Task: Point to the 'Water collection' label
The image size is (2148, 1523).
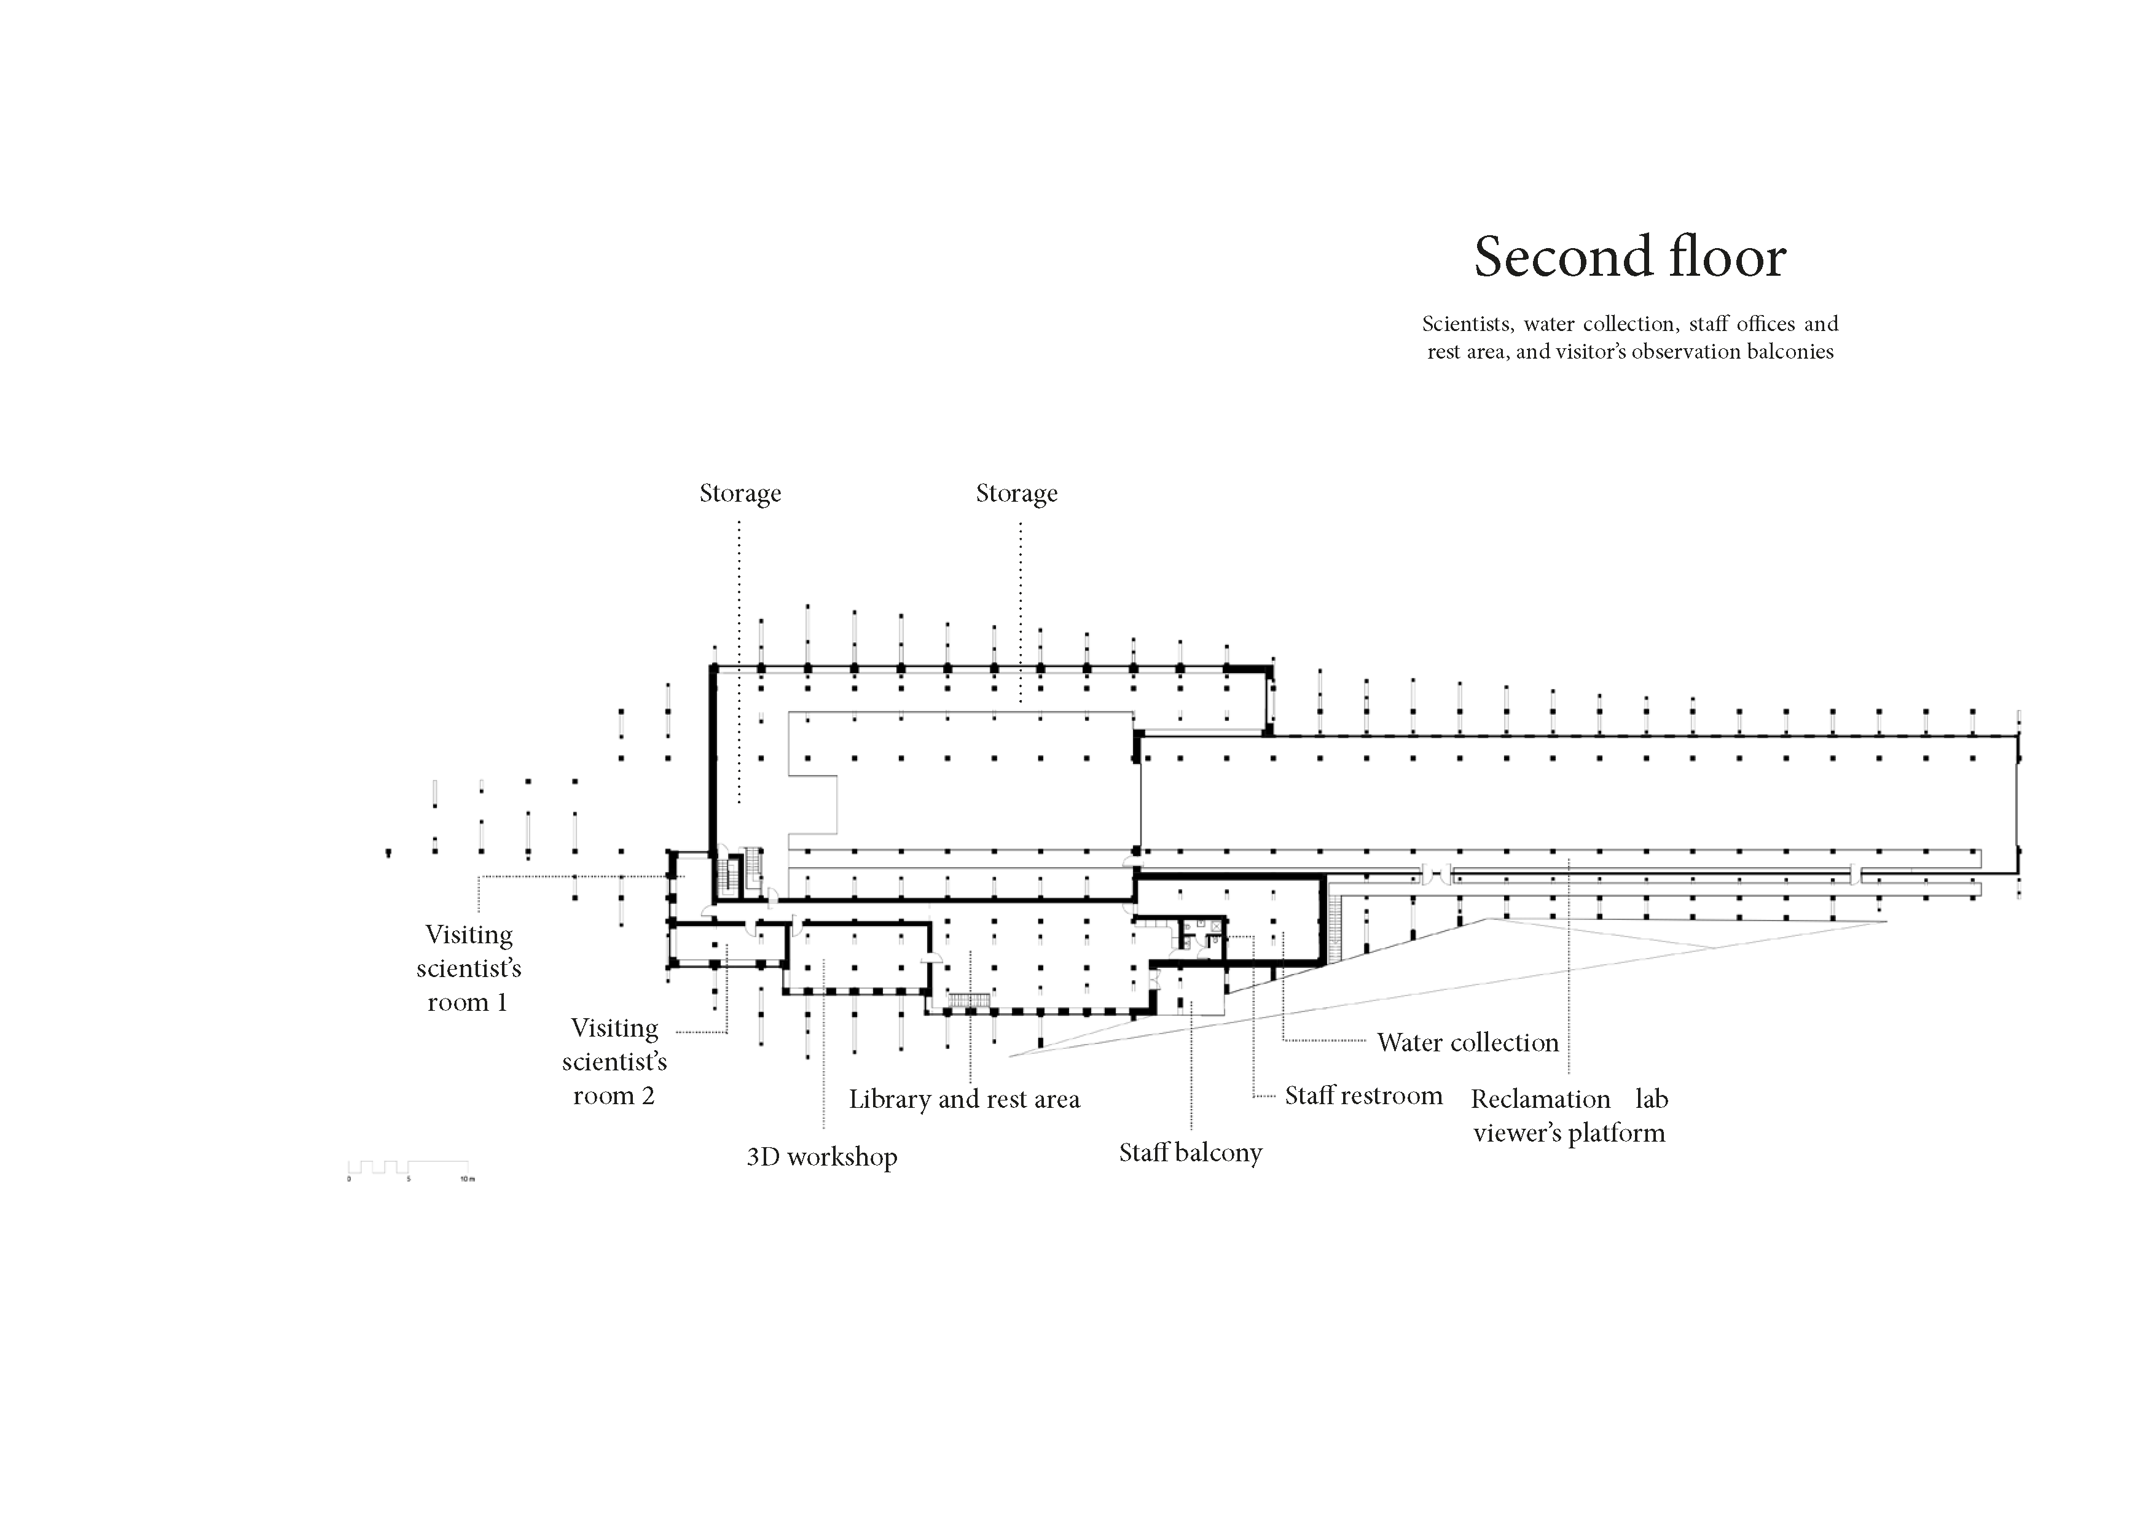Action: pos(1467,1042)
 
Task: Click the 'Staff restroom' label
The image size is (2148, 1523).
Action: pos(1363,1096)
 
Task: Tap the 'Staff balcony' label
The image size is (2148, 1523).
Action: pos(1190,1153)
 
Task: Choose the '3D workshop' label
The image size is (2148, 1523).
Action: pos(821,1156)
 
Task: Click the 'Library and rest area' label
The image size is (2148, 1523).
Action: pos(964,1099)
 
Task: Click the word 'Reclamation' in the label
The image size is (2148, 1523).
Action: pos(1540,1099)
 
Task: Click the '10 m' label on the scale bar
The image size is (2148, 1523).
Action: pos(467,1179)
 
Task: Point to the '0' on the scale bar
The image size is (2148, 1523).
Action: pos(349,1179)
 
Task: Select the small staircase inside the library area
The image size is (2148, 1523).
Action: pos(969,1000)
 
